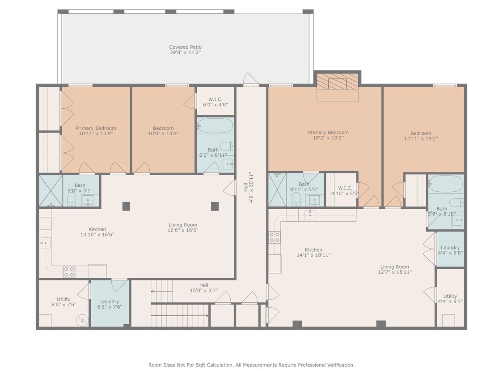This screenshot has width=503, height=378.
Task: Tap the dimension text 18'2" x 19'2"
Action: click(328, 138)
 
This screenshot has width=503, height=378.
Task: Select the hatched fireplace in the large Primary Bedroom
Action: click(338, 82)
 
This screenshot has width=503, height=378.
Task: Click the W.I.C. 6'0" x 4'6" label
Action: click(216, 102)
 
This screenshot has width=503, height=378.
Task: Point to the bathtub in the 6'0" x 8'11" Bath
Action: click(216, 126)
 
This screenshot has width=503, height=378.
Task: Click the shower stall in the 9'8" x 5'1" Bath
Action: click(51, 191)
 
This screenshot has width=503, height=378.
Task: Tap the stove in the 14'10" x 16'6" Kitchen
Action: click(69, 271)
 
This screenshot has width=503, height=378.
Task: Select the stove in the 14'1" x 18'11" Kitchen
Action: click(274, 237)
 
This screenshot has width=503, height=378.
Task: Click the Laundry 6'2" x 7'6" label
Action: click(110, 305)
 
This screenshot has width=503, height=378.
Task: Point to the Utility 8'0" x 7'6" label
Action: click(63, 302)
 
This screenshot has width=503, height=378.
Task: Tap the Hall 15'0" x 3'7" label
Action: click(203, 288)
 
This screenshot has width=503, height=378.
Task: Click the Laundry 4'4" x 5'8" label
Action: click(450, 250)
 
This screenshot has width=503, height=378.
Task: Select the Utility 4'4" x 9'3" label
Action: click(450, 299)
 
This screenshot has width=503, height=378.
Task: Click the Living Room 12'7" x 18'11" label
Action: click(394, 269)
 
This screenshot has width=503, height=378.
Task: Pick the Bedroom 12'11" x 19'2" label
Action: click(421, 136)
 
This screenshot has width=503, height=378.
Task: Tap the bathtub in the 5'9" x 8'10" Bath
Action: click(446, 184)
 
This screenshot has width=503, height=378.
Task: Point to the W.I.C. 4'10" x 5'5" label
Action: click(341, 191)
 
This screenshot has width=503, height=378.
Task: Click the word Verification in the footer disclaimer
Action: click(340, 365)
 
